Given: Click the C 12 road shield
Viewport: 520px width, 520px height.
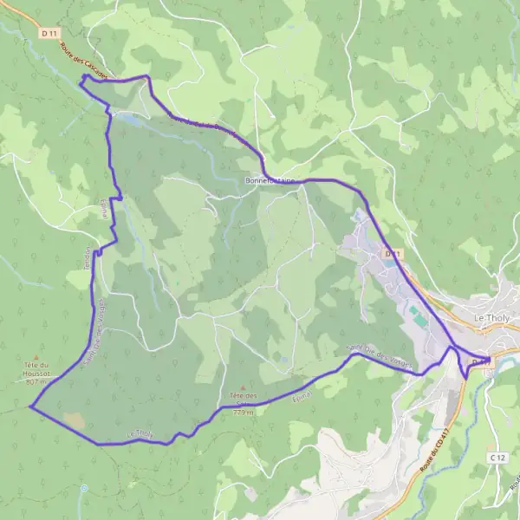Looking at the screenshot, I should point(497,457).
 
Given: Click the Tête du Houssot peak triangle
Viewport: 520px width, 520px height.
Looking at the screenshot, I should point(36,356).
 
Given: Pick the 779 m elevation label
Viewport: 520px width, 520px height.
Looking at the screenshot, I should point(244,413).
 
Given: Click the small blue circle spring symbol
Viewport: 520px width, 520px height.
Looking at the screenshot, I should point(84,487).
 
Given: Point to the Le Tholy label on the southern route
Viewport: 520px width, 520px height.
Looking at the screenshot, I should point(140,434).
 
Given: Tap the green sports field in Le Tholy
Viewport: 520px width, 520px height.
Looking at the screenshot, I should point(418,315).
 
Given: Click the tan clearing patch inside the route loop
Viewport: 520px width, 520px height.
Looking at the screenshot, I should point(75,419).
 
